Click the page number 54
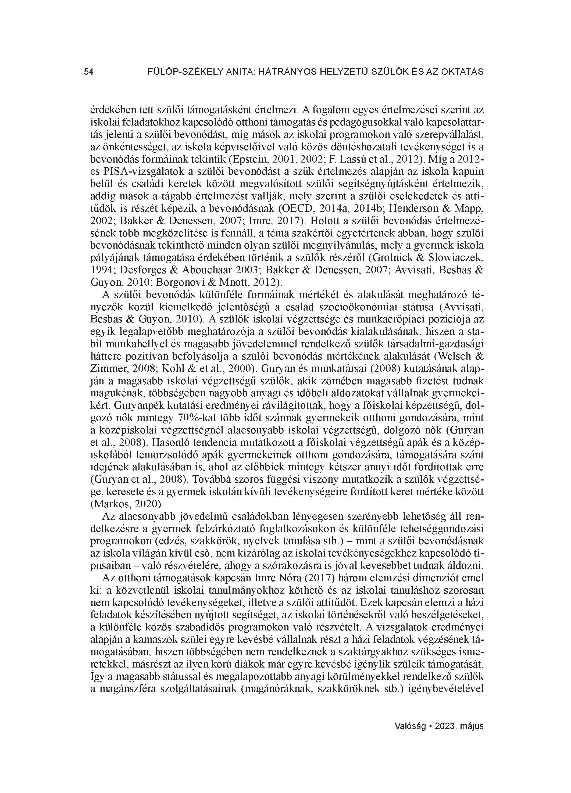88,72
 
